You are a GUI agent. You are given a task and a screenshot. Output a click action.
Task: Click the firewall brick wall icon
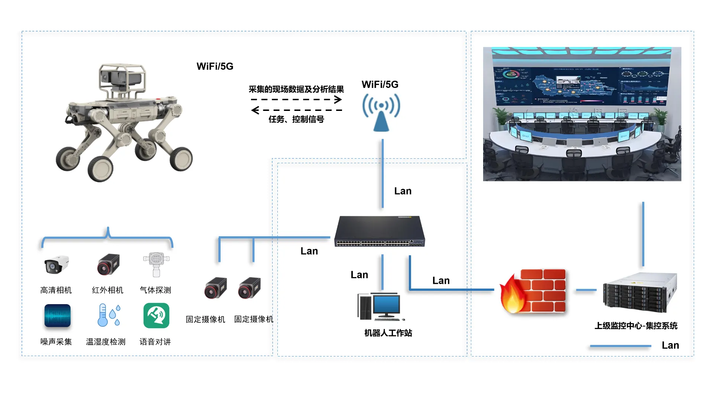pyautogui.click(x=533, y=291)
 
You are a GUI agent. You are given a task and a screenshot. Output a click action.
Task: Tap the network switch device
pyautogui.click(x=380, y=231)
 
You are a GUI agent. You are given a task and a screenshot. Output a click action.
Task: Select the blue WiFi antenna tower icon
pyautogui.click(x=381, y=112)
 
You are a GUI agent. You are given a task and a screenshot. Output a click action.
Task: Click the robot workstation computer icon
pyautogui.click(x=381, y=307)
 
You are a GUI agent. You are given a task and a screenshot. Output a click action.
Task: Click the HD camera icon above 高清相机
pyautogui.click(x=56, y=264)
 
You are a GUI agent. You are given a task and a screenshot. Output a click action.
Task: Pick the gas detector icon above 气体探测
pyautogui.click(x=156, y=264)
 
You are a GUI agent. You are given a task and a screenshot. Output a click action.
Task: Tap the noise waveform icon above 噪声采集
pyautogui.click(x=58, y=316)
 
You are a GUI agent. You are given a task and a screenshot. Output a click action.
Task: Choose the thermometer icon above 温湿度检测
pyautogui.click(x=108, y=315)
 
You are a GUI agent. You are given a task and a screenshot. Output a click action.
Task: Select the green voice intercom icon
pyautogui.click(x=156, y=316)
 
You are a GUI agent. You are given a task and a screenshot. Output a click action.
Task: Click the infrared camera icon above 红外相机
pyautogui.click(x=108, y=264)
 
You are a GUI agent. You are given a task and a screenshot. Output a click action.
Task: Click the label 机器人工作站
pyautogui.click(x=388, y=333)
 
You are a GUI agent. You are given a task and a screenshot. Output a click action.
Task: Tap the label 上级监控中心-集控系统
pyautogui.click(x=636, y=326)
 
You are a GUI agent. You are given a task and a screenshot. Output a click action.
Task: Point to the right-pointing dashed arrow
pyautogui.click(x=296, y=99)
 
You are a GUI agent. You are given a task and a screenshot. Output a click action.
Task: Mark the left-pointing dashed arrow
pyautogui.click(x=296, y=110)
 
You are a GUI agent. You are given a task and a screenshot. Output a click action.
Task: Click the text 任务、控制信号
pyautogui.click(x=296, y=119)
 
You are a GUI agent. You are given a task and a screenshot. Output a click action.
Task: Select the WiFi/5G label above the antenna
pyautogui.click(x=380, y=85)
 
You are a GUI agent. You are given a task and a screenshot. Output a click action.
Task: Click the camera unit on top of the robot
pyautogui.click(x=121, y=78)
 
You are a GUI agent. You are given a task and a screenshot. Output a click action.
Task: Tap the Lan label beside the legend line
pyautogui.click(x=670, y=345)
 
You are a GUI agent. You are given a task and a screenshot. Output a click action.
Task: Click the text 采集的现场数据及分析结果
pyautogui.click(x=296, y=89)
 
